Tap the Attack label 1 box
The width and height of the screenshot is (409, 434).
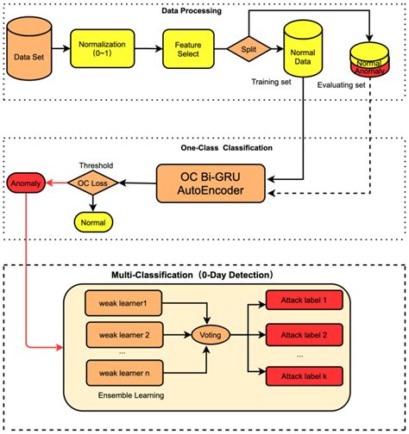(299, 299)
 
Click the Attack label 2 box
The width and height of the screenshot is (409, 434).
(299, 335)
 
